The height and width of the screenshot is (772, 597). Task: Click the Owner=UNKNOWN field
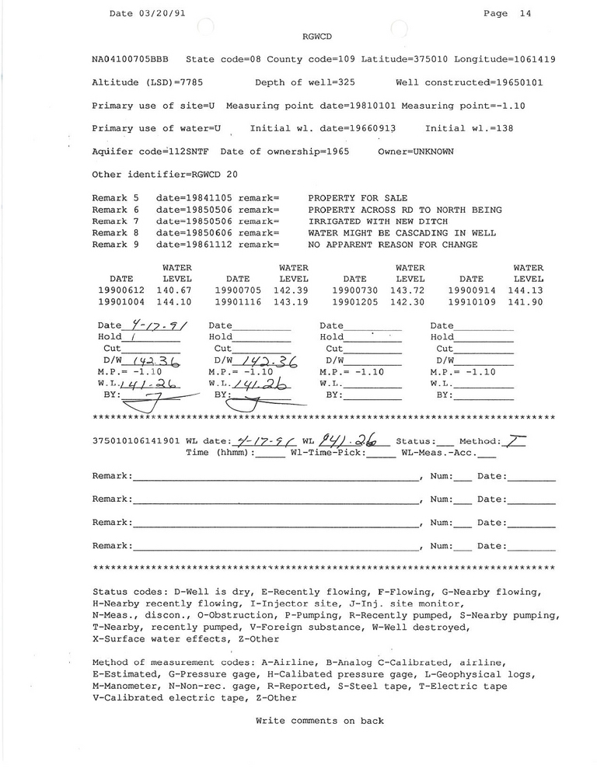pyautogui.click(x=416, y=151)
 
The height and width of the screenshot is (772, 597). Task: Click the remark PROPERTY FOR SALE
pyautogui.click(x=358, y=198)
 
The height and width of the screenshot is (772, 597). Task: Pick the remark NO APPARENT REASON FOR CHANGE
pyautogui.click(x=393, y=245)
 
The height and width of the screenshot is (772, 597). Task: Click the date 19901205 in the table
pyautogui.click(x=354, y=302)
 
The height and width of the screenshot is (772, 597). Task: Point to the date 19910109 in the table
pyautogui.click(x=471, y=302)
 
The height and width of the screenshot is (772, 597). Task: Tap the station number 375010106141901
pyautogui.click(x=136, y=440)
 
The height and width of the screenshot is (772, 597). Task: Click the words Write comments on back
pyautogui.click(x=319, y=721)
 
